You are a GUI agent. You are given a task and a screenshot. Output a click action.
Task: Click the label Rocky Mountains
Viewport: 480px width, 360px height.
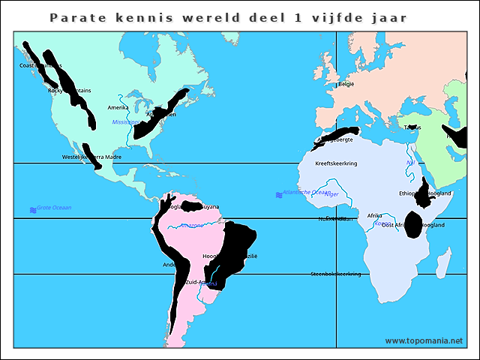click(69, 91)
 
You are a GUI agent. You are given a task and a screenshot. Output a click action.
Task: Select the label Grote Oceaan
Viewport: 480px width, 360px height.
click(53, 208)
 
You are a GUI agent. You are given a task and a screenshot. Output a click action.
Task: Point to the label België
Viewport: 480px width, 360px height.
click(346, 84)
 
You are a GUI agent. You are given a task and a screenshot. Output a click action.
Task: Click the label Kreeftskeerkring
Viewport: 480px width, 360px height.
click(335, 163)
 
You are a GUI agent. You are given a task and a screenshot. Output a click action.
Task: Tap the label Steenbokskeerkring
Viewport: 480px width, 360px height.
click(335, 274)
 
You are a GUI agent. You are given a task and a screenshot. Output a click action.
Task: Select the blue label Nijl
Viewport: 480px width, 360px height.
click(409, 163)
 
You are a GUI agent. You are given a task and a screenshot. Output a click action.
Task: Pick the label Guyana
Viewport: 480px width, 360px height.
click(211, 206)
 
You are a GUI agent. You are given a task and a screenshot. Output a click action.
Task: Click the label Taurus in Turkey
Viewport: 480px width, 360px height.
click(412, 127)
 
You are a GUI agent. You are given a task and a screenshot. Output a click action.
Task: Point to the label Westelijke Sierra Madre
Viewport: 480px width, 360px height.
click(91, 157)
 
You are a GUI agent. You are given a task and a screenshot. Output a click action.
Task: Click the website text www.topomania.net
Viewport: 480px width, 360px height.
click(423, 340)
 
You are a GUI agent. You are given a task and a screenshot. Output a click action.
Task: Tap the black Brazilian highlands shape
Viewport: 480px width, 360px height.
click(236, 247)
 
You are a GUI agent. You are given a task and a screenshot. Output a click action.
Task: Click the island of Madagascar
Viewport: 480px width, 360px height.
click(444, 262)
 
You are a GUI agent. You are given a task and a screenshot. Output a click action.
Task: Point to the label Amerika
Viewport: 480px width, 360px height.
click(118, 107)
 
